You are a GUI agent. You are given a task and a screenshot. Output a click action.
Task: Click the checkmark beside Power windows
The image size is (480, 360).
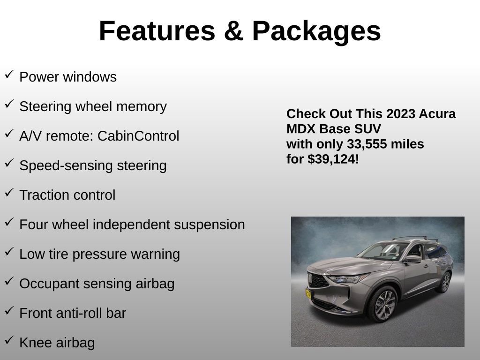click(x=9, y=74)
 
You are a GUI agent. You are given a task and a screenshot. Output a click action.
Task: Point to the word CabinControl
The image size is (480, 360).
click(x=138, y=136)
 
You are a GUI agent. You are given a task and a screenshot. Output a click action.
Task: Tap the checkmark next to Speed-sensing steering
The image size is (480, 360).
click(x=9, y=163)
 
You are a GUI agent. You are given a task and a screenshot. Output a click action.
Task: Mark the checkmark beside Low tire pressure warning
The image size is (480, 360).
click(x=9, y=251)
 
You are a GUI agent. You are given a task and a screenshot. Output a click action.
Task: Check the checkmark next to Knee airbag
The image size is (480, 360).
click(x=9, y=340)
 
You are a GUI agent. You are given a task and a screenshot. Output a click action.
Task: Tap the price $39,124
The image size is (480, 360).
click(x=333, y=159)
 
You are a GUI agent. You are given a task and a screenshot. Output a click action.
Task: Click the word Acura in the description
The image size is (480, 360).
click(x=437, y=114)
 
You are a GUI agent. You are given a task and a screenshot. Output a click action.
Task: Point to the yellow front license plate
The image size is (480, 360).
click(x=308, y=294)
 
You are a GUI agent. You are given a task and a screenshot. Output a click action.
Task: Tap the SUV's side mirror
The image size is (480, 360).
click(x=412, y=259)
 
